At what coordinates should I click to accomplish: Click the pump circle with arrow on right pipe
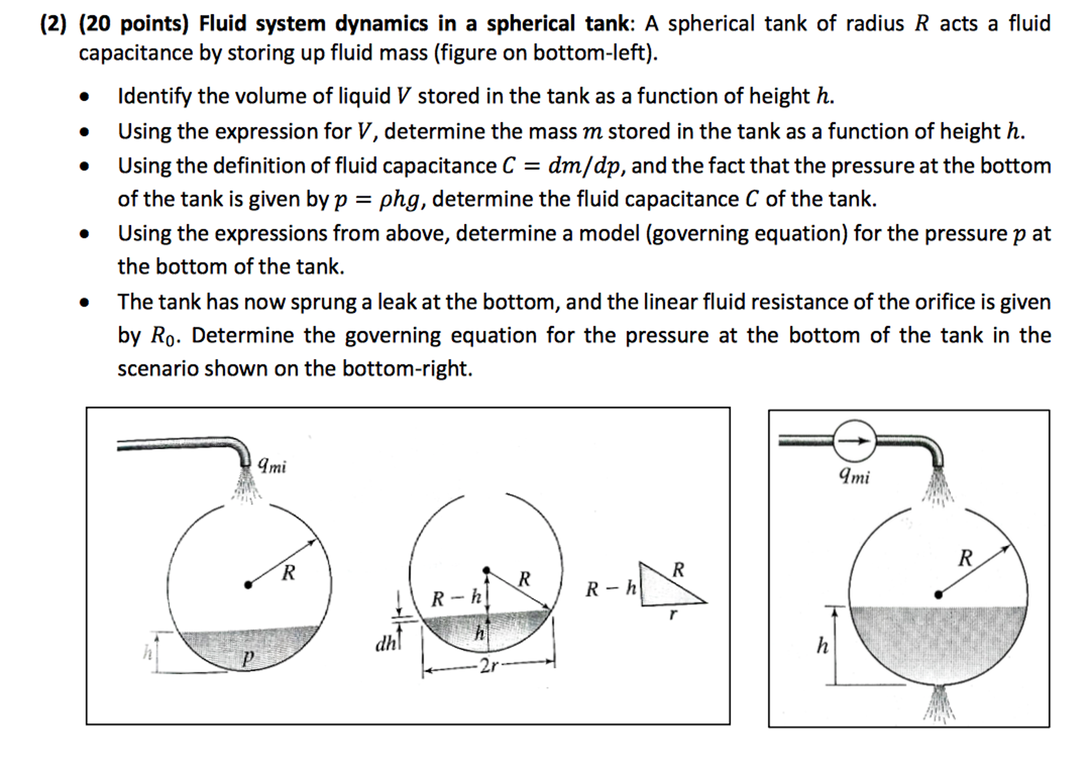click(855, 440)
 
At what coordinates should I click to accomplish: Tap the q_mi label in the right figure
click(854, 475)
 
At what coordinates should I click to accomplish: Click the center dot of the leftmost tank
click(248, 585)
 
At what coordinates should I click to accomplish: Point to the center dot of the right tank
click(939, 594)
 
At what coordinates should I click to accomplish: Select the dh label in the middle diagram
click(386, 644)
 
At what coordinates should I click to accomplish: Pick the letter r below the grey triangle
click(673, 614)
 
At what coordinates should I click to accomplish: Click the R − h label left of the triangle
click(611, 589)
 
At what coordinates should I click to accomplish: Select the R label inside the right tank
click(965, 558)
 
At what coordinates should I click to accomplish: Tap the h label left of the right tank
click(823, 646)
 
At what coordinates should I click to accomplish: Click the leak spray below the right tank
click(940, 703)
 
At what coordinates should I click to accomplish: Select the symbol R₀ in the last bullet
click(162, 336)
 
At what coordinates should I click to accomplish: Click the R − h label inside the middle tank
click(456, 598)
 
